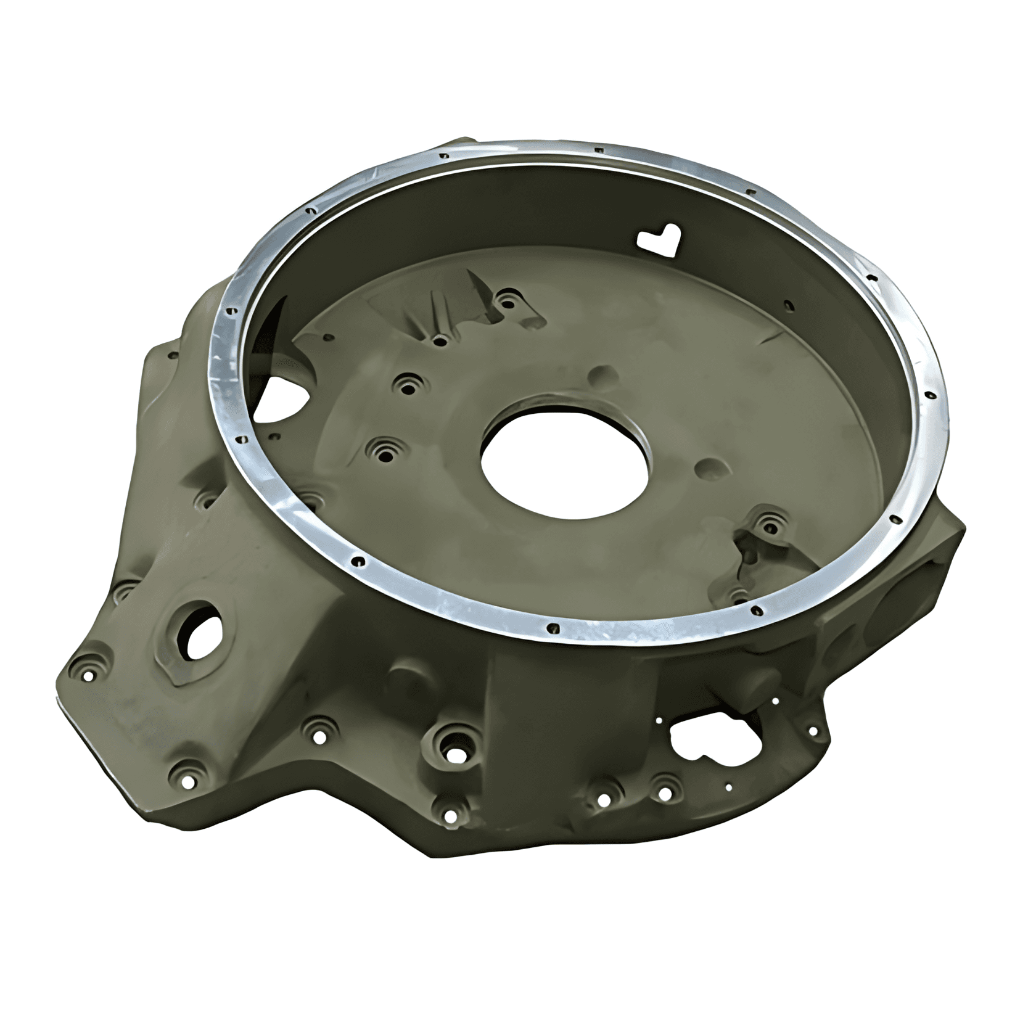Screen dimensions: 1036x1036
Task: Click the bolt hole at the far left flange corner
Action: [x=88, y=676]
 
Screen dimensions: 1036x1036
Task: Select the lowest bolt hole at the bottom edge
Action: [x=451, y=816]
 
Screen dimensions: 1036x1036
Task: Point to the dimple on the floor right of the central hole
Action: [x=710, y=469]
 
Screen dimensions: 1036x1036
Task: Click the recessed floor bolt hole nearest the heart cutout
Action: [x=507, y=303]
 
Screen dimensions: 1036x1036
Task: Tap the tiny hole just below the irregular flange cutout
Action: [x=729, y=787]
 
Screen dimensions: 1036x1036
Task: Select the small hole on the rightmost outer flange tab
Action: [x=812, y=731]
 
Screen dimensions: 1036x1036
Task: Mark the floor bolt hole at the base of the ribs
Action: [x=439, y=340]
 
